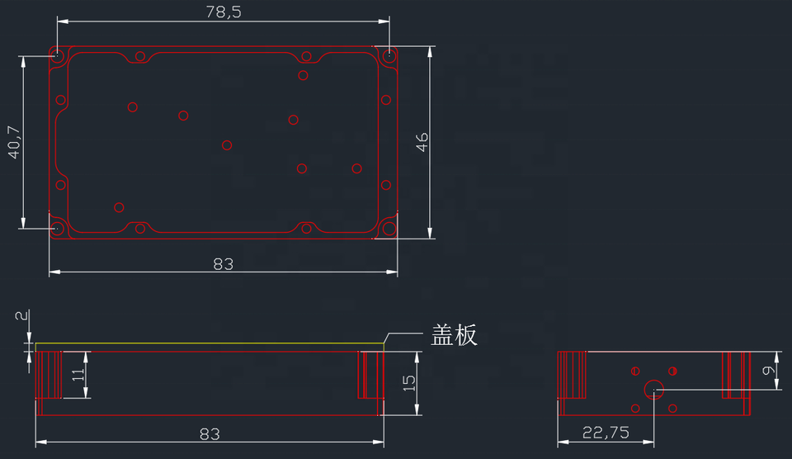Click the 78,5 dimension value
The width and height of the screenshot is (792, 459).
223,12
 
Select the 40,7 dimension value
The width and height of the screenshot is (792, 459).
12,142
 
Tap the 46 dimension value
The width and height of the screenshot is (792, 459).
422,141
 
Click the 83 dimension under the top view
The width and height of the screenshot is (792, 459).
223,264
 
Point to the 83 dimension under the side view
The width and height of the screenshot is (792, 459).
210,434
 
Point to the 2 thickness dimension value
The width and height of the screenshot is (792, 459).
21,315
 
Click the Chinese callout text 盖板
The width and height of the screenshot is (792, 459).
455,335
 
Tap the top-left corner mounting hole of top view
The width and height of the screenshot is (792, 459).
57,56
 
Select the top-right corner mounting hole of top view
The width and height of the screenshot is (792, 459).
389,56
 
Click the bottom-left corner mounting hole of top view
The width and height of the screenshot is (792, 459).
57,228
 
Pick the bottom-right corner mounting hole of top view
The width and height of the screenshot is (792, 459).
389,228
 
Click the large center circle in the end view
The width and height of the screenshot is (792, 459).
654,389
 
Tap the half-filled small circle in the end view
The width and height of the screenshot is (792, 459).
673,370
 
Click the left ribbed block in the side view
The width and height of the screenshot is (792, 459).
49,375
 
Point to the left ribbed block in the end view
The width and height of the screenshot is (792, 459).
572,375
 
